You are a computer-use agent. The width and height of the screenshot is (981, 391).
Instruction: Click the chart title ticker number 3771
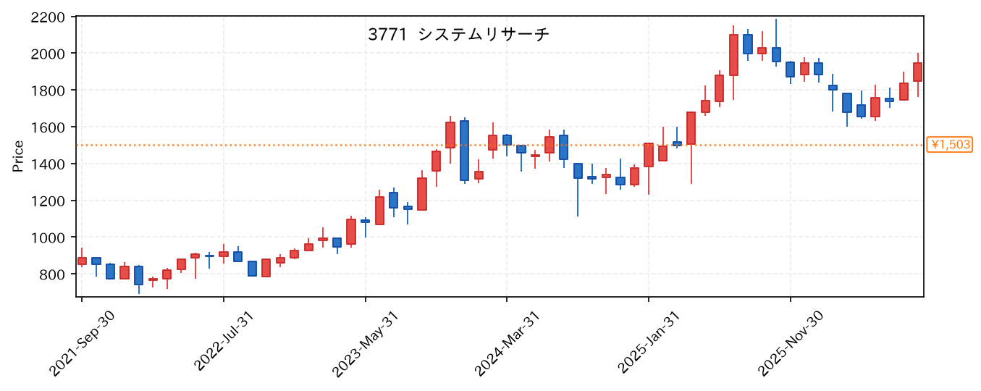point(387,35)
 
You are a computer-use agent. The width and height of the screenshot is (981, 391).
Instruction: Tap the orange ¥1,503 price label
point(949,145)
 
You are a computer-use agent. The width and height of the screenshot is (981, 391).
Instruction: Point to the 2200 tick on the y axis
point(48,17)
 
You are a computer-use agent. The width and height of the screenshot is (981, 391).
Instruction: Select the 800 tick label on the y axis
point(53,274)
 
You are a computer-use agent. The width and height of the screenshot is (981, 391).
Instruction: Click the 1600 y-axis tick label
point(48,127)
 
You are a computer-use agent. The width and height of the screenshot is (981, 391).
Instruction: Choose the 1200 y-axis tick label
point(48,201)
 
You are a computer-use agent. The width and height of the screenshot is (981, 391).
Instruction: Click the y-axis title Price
point(18,156)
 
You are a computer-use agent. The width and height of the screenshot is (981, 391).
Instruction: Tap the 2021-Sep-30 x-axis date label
point(82,344)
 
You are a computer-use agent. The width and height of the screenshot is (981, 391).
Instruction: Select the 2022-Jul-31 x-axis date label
point(224,342)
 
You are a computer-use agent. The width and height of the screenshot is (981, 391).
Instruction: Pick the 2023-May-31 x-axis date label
point(365,344)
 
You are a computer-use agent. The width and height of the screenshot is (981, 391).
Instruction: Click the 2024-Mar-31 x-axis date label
point(507,344)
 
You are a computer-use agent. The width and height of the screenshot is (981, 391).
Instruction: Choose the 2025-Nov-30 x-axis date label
point(791,344)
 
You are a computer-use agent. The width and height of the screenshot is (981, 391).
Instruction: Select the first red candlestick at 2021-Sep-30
point(82,261)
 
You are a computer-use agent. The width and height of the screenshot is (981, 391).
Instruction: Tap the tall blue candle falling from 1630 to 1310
point(464,150)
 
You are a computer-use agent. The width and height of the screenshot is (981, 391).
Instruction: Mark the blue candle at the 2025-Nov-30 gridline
point(790,70)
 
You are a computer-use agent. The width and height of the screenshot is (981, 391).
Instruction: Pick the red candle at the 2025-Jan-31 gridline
point(649,155)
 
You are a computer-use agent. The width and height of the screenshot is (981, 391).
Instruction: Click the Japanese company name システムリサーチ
point(484,35)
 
